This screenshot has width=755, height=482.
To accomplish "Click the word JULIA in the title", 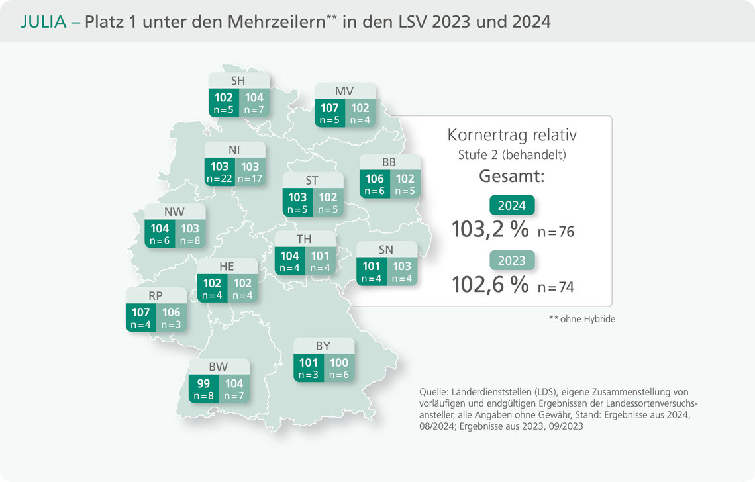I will click(44, 21).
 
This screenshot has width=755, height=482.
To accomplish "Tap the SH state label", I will click(238, 81).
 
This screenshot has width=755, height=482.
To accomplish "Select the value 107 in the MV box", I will click(329, 108).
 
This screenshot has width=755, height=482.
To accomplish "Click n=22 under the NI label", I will click(220, 179).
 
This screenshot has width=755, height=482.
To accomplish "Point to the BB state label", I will click(389, 162).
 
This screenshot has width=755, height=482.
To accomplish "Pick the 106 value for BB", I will click(374, 179).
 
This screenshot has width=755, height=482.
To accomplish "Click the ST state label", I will click(313, 180).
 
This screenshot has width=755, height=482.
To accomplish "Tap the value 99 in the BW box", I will click(203, 383).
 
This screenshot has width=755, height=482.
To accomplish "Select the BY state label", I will click(323, 346).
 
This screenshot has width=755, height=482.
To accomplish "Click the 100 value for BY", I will click(339, 363).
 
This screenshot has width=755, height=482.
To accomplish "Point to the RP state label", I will click(156, 296).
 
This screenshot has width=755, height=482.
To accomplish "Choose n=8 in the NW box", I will click(190, 241).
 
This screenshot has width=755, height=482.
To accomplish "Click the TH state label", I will click(305, 239).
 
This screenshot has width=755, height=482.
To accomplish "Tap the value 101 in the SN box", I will click(372, 266).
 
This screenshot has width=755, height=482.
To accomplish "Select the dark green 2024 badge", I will click(511, 205).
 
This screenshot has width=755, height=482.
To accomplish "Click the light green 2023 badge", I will click(511, 260).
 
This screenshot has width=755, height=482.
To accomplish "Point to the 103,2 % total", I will click(490, 230).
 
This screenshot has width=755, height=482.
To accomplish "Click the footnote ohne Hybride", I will click(586, 319).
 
